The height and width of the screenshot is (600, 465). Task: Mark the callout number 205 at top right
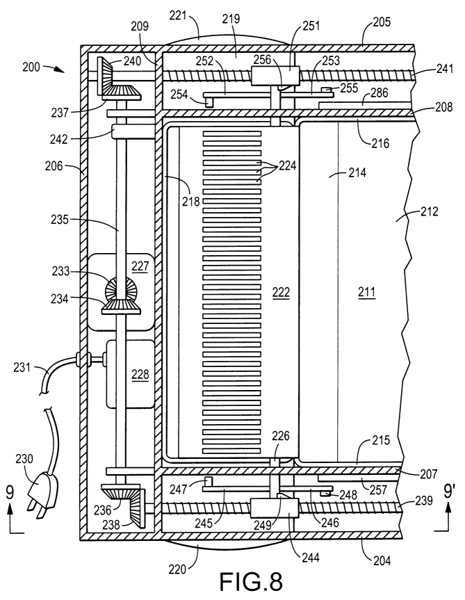[x=380, y=23]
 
